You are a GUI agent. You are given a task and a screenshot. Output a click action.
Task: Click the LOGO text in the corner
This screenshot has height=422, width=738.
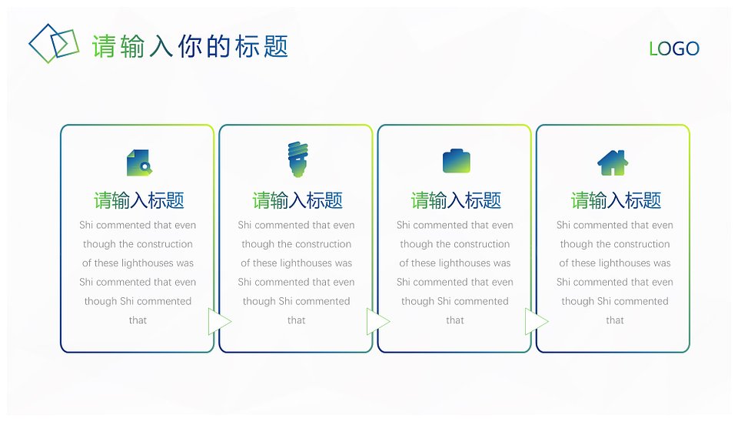(674, 49)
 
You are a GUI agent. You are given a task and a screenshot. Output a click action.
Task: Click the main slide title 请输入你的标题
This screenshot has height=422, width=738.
(190, 46)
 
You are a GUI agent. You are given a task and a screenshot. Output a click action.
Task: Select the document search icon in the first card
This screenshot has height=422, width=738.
(139, 162)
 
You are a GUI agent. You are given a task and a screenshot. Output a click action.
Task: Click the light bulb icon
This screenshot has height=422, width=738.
(298, 159)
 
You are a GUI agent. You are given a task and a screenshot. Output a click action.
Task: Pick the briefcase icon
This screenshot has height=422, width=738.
(457, 161)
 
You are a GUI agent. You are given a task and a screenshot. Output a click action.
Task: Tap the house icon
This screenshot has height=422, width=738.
(613, 162)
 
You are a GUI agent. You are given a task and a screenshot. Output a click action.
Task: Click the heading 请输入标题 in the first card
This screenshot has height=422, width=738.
(139, 200)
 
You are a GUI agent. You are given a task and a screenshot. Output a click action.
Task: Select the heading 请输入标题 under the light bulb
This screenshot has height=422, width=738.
(298, 200)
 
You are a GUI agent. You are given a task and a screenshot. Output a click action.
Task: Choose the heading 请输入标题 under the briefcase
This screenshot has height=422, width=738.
(456, 200)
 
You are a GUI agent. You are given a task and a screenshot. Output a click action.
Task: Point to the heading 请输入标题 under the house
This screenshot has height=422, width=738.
(616, 200)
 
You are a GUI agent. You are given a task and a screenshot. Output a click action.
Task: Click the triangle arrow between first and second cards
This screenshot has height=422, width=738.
(220, 322)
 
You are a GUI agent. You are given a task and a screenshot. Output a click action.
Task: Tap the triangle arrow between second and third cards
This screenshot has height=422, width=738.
(378, 322)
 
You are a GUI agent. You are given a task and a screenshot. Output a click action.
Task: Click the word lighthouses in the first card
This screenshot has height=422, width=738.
(148, 263)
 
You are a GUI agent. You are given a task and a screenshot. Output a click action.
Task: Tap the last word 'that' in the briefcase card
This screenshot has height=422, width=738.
(455, 320)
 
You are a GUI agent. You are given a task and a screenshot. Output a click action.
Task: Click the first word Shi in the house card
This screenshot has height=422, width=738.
(563, 225)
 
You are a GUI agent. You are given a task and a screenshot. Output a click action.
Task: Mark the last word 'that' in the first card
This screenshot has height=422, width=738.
(138, 320)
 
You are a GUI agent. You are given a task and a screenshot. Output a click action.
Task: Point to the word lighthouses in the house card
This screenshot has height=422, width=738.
(624, 263)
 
